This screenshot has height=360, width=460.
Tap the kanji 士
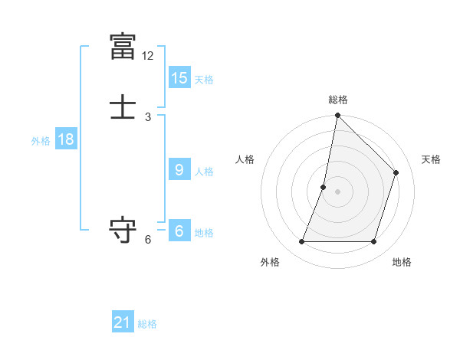coord(123,107)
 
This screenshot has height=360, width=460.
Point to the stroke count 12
coord(148,56)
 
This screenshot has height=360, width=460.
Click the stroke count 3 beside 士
coord(148,117)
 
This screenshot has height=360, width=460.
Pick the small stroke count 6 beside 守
coord(148,240)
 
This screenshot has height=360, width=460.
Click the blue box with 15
coord(179,77)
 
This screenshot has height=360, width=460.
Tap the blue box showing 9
coord(179,170)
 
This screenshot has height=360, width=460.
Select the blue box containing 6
coord(179,231)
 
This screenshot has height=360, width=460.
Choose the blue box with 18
coord(65,139)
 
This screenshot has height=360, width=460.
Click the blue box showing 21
coord(123,322)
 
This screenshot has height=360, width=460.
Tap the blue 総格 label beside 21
coord(147,324)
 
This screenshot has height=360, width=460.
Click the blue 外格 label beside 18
coord(41,141)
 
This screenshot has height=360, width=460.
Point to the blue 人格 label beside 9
coord(204,172)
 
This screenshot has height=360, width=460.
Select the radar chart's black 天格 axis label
coord(431,159)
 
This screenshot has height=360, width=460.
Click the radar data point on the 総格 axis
coord(337,115)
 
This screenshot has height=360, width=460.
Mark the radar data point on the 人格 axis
coord(324,187)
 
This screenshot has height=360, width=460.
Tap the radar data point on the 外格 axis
coord(301,242)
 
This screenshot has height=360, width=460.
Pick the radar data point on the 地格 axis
coord(373,242)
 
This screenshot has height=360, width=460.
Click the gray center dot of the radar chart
coord(337,191)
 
